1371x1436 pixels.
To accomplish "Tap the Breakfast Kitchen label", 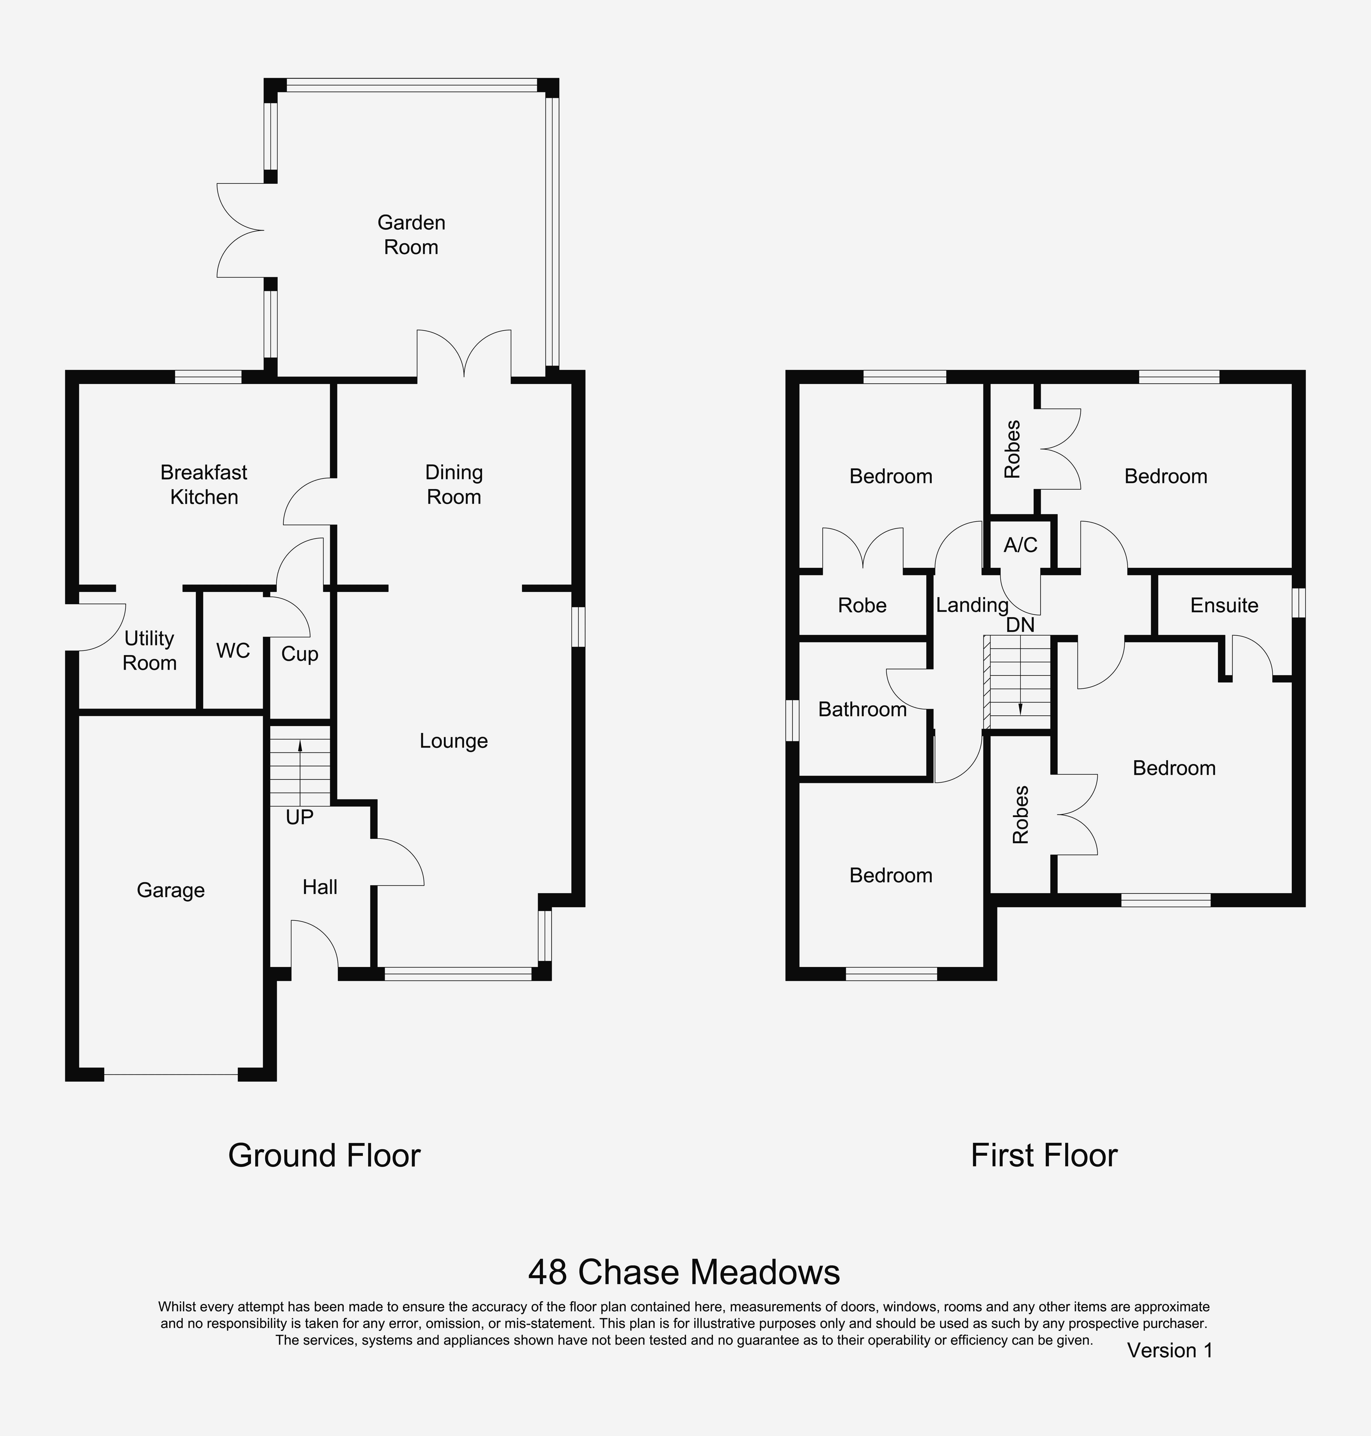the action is point(204,485).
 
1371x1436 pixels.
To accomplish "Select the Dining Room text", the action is point(454,485).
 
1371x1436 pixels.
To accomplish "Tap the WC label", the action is point(233,651).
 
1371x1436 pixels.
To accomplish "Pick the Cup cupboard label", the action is point(300,654).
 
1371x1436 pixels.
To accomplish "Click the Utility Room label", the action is point(150,651).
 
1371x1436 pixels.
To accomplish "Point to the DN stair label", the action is point(1020,625).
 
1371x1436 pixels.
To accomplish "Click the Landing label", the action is point(972,605).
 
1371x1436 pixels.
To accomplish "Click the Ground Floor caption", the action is point(324,1155).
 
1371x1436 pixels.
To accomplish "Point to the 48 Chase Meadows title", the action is point(684,1272).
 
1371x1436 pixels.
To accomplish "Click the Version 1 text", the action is point(1170,1350).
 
